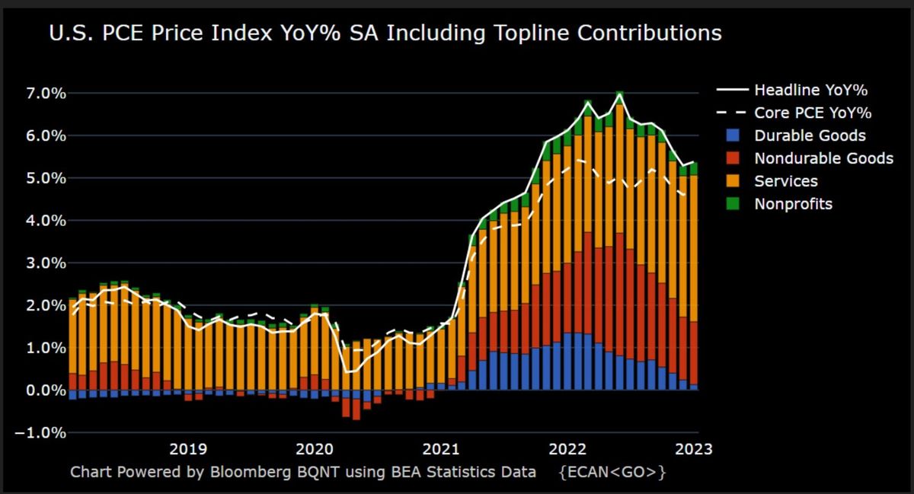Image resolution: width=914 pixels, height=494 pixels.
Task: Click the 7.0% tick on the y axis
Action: (x=46, y=94)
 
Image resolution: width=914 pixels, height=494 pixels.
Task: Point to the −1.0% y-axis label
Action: (x=40, y=432)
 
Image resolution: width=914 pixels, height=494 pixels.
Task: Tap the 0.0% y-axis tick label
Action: (x=46, y=390)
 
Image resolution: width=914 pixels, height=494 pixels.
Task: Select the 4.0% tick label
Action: (x=46, y=221)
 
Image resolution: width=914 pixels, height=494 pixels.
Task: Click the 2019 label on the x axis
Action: (x=188, y=449)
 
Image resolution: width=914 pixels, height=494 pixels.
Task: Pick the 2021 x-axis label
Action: (x=441, y=449)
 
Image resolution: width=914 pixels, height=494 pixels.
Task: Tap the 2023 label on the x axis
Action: (x=694, y=449)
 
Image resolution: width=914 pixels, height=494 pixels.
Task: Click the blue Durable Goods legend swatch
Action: (x=733, y=135)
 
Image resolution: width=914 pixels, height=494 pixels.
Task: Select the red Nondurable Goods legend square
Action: (x=733, y=158)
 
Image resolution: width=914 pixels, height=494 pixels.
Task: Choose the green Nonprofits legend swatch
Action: (x=733, y=203)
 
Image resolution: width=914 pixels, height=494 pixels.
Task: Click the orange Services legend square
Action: (x=733, y=181)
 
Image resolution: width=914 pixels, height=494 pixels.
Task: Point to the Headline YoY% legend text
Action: (x=810, y=90)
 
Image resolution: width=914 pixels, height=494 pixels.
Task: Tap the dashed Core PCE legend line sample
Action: (x=733, y=113)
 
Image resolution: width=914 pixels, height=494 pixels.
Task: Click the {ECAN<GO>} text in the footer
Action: (x=612, y=473)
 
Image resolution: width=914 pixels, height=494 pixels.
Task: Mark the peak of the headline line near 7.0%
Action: (x=619, y=94)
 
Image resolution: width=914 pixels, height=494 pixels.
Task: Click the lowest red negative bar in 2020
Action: (x=356, y=410)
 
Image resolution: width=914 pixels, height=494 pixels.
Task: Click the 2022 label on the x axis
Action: (x=567, y=449)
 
